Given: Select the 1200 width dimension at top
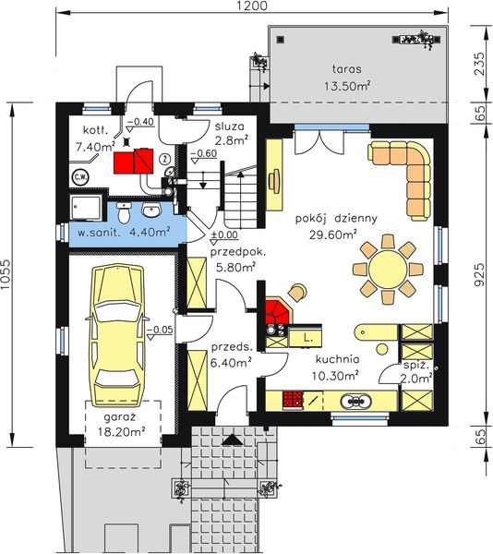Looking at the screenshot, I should tap(250, 7).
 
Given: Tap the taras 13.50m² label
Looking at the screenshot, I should tap(347, 76).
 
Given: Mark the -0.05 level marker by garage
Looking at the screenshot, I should tap(160, 329).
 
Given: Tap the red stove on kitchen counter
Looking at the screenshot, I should tap(294, 401).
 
